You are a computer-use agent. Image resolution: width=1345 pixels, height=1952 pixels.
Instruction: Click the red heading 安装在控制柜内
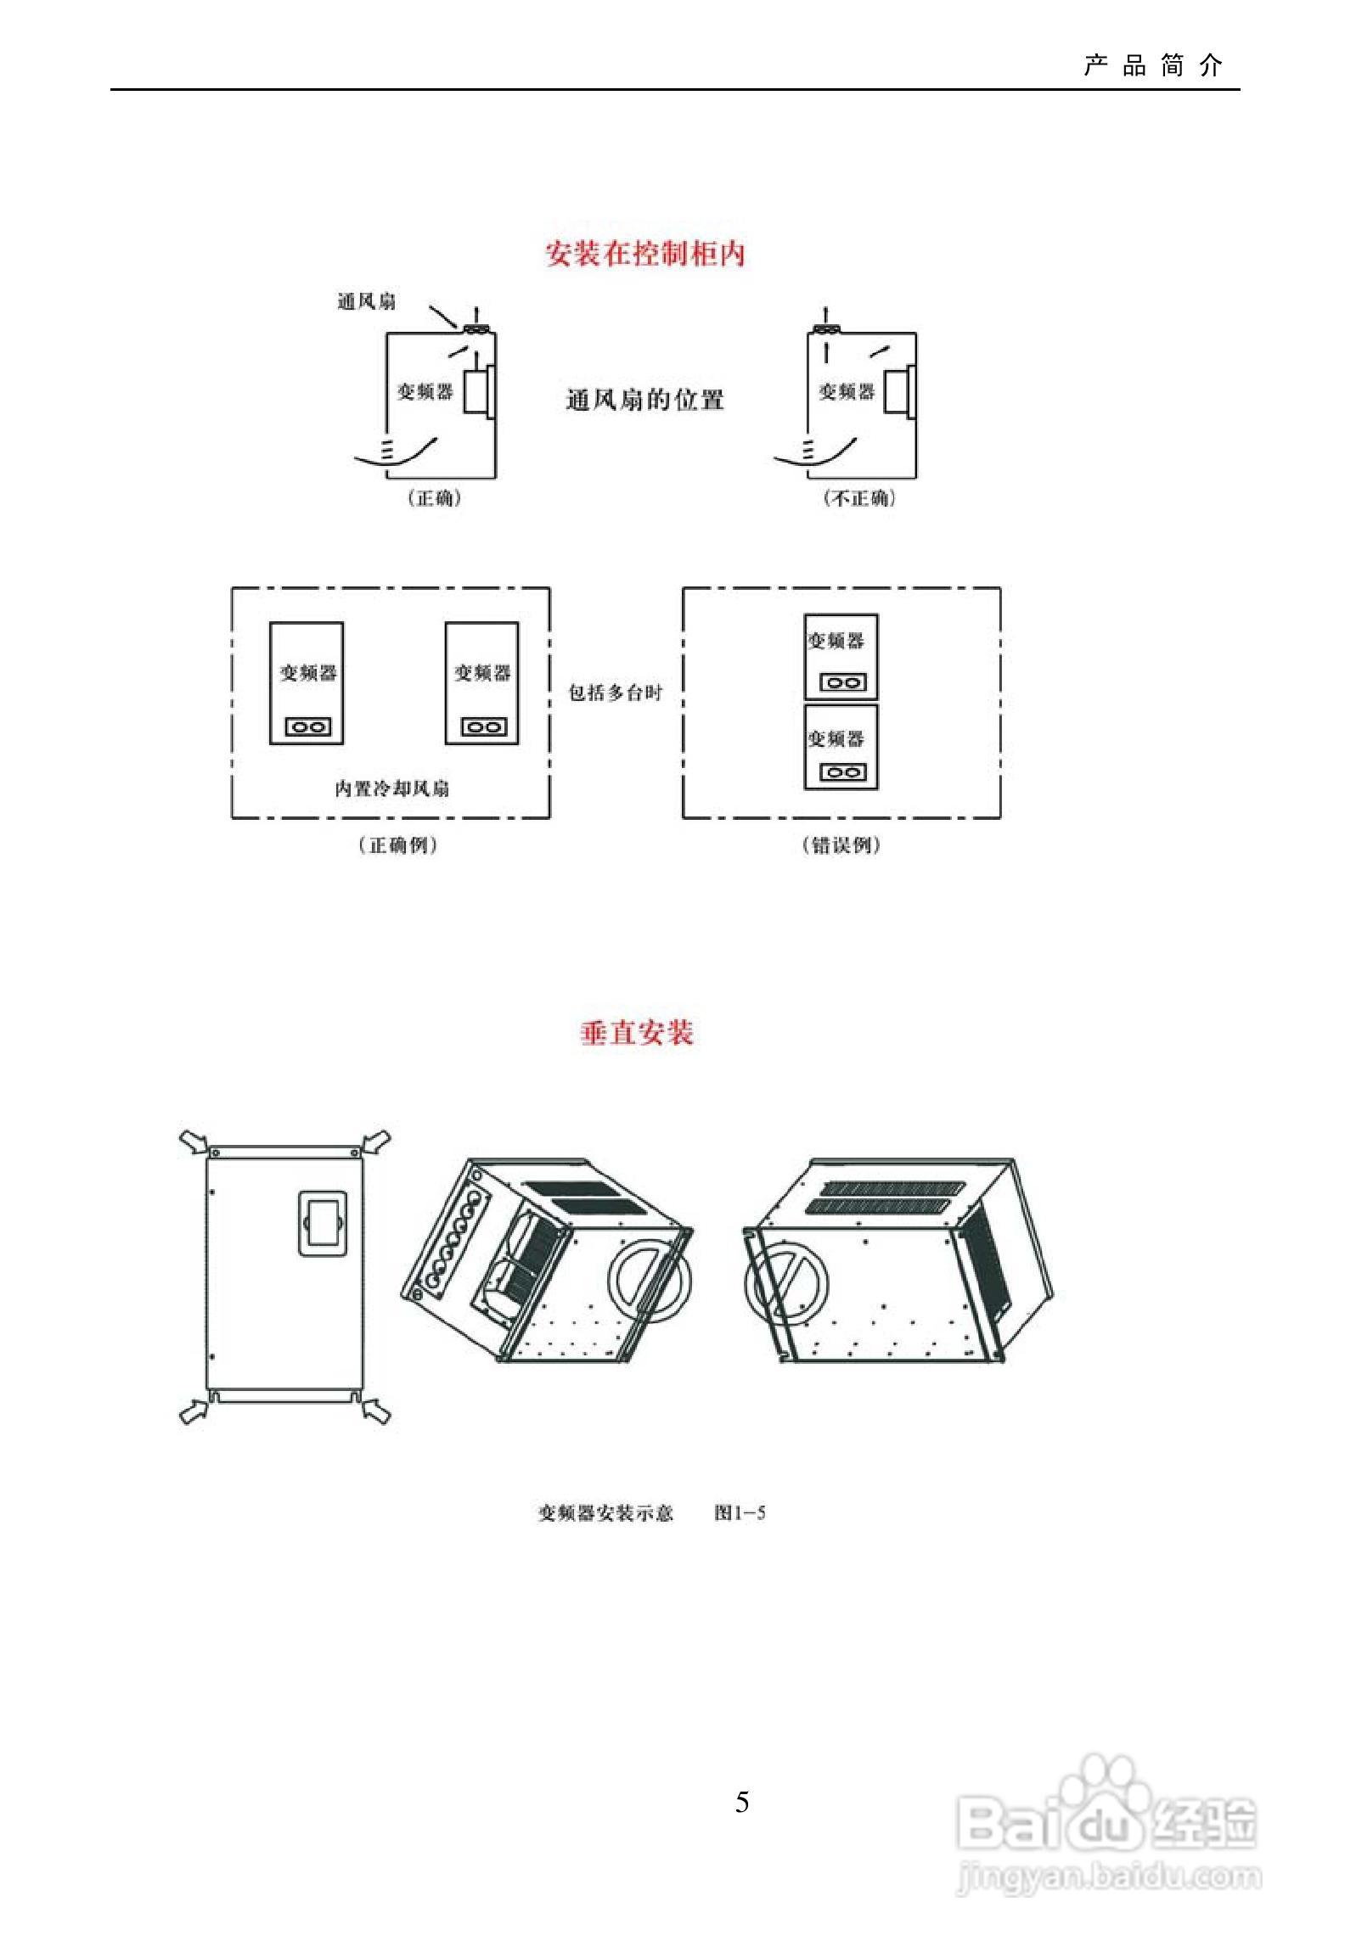[x=644, y=254]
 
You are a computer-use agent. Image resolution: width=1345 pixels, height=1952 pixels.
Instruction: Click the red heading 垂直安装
[x=637, y=1032]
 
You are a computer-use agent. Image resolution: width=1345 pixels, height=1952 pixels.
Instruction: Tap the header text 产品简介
[x=1152, y=66]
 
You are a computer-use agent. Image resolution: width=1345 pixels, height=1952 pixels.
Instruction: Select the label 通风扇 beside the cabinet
[x=366, y=301]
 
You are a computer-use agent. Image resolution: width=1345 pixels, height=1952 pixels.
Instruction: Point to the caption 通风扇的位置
[x=644, y=400]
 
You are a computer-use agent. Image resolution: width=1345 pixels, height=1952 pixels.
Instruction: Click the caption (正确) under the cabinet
[x=435, y=498]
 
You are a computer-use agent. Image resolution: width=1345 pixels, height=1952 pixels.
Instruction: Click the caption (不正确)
[x=859, y=498]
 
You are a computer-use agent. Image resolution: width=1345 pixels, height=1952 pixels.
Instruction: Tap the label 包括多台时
[x=615, y=693]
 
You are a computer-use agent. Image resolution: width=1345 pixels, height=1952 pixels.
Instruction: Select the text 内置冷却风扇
[x=391, y=788]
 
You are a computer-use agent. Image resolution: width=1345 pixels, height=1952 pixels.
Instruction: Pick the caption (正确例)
[x=397, y=845]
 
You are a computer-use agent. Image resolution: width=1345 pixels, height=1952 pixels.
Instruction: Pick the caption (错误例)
[x=841, y=845]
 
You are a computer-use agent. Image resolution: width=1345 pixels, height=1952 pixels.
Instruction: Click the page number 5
[x=742, y=1802]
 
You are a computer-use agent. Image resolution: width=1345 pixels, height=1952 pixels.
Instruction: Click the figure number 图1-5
[x=740, y=1512]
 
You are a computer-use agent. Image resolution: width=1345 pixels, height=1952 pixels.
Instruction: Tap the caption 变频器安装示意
[x=605, y=1512]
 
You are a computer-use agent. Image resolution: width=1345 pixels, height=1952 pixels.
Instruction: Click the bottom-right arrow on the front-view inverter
[x=376, y=1411]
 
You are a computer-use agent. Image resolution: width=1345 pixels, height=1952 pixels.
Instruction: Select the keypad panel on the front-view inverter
[x=323, y=1223]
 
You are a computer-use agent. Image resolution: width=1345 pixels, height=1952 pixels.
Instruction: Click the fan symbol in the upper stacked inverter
[x=841, y=682]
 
